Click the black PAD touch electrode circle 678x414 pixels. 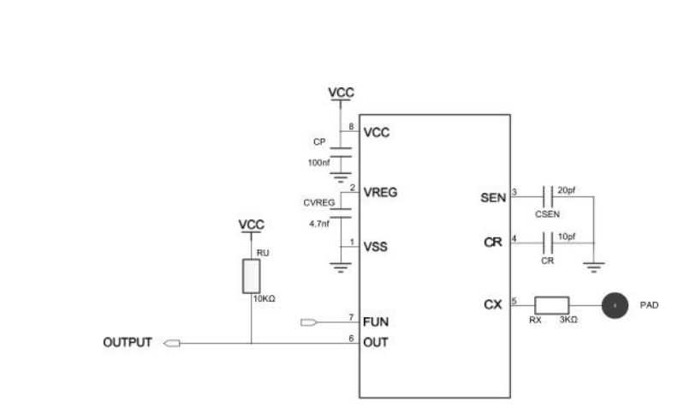point(615,305)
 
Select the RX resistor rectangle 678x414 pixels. point(552,305)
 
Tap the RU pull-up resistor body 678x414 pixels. point(251,276)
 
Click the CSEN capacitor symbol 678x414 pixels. point(547,196)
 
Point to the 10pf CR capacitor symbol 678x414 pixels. point(547,243)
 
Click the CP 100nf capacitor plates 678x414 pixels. point(341,152)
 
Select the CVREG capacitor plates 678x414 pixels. point(341,213)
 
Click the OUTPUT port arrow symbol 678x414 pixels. point(172,344)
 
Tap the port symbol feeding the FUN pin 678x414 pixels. point(309,322)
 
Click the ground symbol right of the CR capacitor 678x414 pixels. point(594,267)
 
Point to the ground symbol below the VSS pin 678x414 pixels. point(341,267)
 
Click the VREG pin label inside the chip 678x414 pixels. point(380,192)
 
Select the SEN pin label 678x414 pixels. point(493,198)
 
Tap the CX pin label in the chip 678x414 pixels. point(493,305)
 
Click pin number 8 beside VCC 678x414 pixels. point(351,127)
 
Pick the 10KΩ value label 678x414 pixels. point(265,299)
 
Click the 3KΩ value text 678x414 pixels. point(568,320)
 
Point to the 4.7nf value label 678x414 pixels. point(319,224)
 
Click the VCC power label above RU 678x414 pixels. point(251,225)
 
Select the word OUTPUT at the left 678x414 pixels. point(128,343)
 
